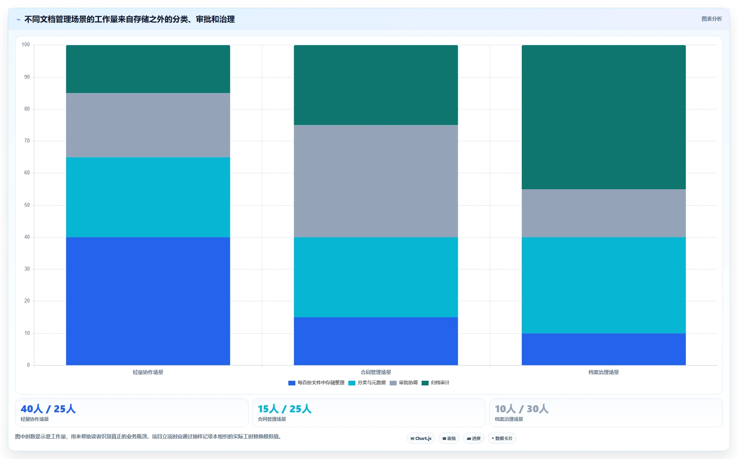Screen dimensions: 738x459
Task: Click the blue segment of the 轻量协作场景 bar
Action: (148, 301)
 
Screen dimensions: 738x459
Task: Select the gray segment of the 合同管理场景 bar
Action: (376, 181)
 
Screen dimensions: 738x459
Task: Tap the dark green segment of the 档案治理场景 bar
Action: (604, 117)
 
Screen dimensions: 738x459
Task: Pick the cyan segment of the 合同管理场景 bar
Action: (376, 277)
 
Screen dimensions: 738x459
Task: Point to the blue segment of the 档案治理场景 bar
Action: (604, 349)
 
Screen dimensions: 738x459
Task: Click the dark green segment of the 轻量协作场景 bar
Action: (148, 69)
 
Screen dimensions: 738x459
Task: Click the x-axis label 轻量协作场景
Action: (148, 372)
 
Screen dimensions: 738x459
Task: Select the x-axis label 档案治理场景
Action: (604, 372)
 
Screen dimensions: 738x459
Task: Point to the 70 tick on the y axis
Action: (27, 141)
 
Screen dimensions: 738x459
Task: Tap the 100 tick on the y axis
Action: (26, 45)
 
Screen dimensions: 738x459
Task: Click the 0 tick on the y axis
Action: (28, 365)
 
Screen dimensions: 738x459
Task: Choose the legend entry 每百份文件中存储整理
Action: (316, 383)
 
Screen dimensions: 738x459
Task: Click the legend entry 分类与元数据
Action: (367, 383)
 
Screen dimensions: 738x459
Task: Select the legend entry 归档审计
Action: (435, 383)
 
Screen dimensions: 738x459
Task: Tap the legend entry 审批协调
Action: (403, 383)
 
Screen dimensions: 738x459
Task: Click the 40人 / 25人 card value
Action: (48, 409)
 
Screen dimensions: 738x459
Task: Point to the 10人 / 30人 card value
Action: (522, 409)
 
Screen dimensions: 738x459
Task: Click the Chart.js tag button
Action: (421, 438)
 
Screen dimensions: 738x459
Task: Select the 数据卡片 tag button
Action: (502, 438)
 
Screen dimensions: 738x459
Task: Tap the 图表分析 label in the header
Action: (712, 19)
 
